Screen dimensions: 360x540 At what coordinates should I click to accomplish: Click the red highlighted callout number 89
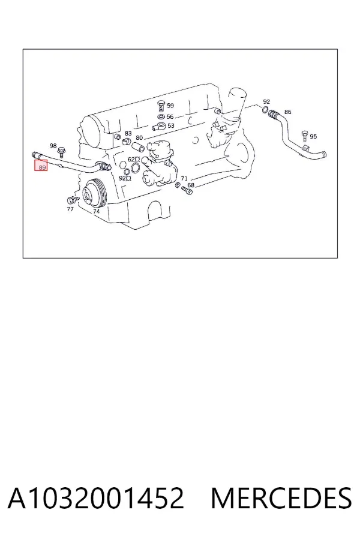click(42, 167)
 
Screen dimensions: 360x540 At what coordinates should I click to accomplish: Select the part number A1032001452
click(96, 498)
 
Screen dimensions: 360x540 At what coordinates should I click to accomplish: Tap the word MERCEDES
click(281, 498)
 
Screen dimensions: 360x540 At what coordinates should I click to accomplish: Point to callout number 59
click(170, 106)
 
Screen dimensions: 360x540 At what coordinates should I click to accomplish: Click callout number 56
click(170, 117)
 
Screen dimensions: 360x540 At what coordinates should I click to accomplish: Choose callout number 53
click(171, 126)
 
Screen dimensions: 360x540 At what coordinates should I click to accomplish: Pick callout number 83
click(128, 133)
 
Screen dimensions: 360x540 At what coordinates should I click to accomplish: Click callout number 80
click(139, 138)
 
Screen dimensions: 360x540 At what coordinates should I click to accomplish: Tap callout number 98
click(53, 146)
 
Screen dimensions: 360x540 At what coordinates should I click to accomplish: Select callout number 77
click(70, 209)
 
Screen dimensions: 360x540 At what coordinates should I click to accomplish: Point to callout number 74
click(97, 211)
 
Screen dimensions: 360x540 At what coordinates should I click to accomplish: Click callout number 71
click(184, 178)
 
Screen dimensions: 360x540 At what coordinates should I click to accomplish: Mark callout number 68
click(191, 185)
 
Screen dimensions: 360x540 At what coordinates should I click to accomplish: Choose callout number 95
click(313, 137)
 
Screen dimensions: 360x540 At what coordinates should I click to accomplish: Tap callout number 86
click(287, 112)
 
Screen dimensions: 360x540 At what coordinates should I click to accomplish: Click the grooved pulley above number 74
click(94, 194)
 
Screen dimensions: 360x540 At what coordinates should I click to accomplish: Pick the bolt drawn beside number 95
click(304, 136)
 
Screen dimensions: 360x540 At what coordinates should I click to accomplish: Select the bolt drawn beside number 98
click(62, 152)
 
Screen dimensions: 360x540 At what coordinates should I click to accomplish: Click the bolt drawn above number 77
click(73, 199)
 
